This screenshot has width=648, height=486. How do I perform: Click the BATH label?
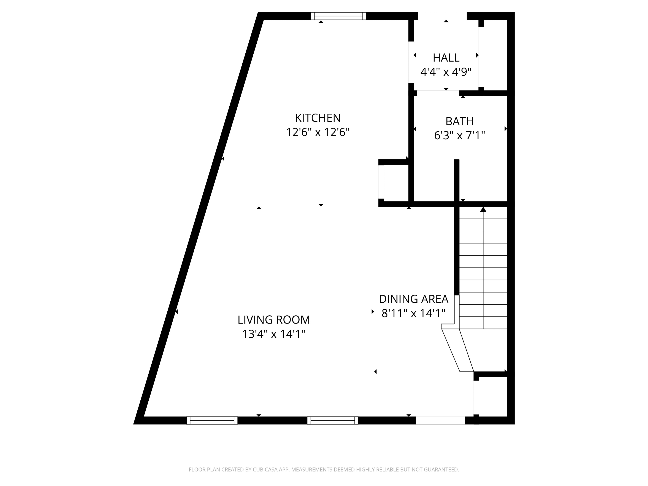point(459,121)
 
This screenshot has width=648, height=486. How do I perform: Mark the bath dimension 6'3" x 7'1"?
point(459,136)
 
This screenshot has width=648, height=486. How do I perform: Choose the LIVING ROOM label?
point(274,320)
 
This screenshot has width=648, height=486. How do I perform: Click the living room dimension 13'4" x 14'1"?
point(274,334)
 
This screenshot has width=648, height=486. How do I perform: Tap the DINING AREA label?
point(413,299)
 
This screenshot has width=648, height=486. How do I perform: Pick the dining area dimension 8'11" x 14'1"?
point(413,313)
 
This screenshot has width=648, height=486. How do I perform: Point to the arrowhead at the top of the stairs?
point(483,210)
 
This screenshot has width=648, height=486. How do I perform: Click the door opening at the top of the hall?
point(442,16)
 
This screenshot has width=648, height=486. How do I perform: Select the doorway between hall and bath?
point(438,93)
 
